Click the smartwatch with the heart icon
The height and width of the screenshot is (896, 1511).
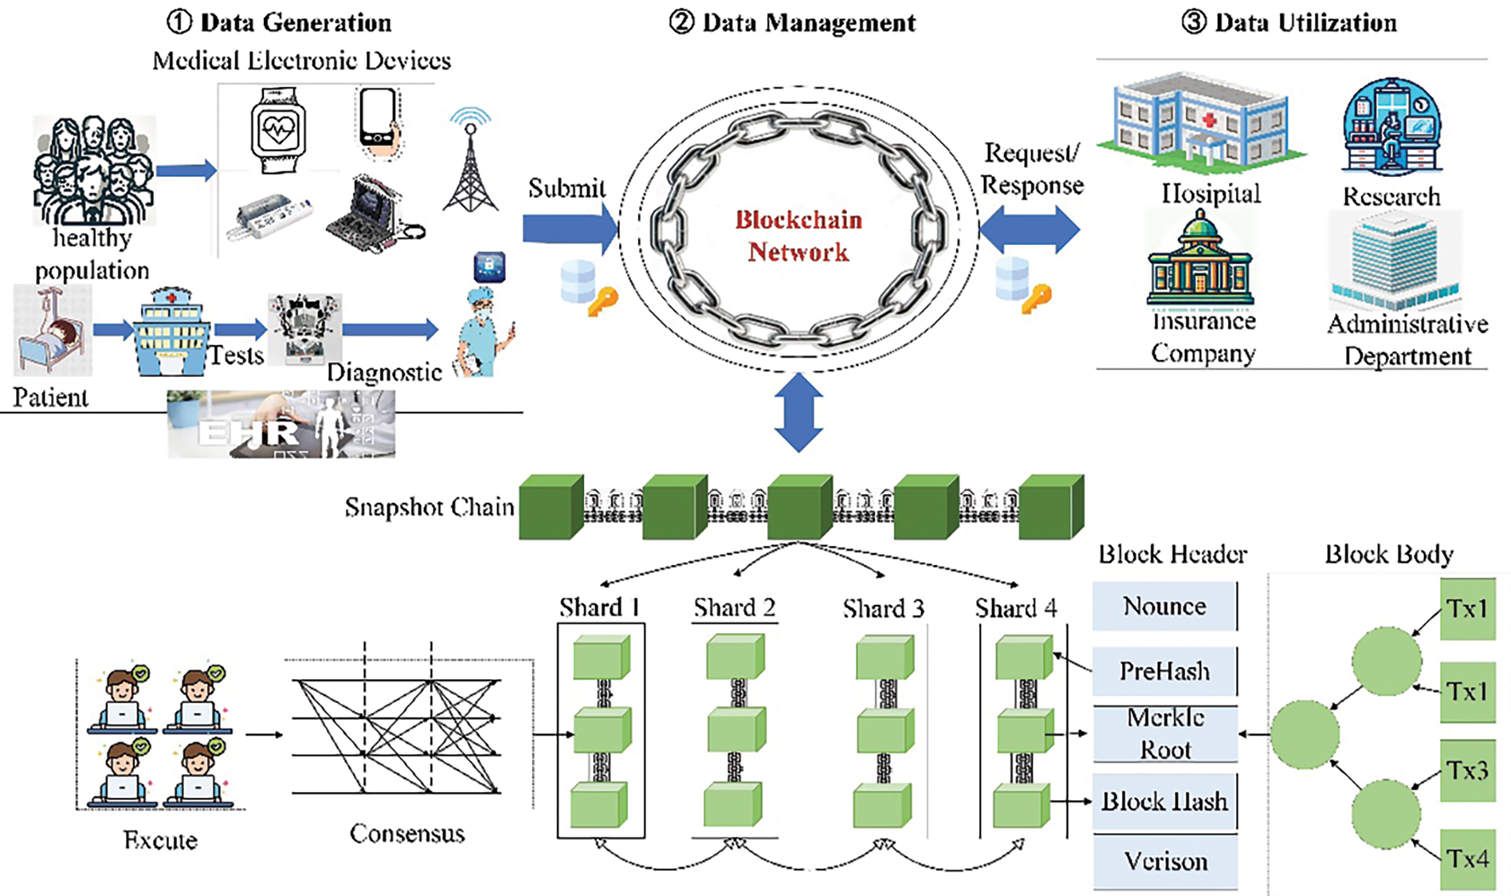pyautogui.click(x=278, y=130)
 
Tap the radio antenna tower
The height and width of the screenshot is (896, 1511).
pyautogui.click(x=470, y=160)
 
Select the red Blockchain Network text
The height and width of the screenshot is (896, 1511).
pyautogui.click(x=799, y=236)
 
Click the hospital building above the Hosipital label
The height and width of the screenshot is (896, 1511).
pyautogui.click(x=1201, y=124)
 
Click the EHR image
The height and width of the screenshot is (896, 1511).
pyautogui.click(x=282, y=424)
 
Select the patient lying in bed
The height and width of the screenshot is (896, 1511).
pyautogui.click(x=52, y=331)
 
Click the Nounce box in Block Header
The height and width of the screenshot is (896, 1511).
pyautogui.click(x=1164, y=606)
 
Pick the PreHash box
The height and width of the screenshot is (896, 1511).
pyautogui.click(x=1164, y=671)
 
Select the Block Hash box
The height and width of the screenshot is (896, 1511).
pyautogui.click(x=1165, y=801)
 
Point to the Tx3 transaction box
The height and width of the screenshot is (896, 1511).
pyautogui.click(x=1468, y=770)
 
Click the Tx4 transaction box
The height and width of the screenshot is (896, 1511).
pyautogui.click(x=1468, y=859)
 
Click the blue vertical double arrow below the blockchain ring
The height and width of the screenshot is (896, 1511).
pyautogui.click(x=799, y=412)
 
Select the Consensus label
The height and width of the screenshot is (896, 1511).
pyautogui.click(x=408, y=834)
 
